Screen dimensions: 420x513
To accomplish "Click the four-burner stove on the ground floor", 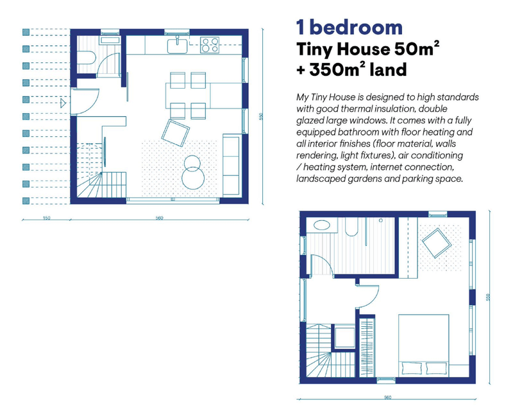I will pyautogui.click(x=210, y=45).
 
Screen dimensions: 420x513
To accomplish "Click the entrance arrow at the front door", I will pyautogui.click(x=63, y=102).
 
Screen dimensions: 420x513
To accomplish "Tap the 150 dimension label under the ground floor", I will pyautogui.click(x=46, y=218).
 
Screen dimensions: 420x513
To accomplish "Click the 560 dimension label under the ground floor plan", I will pyautogui.click(x=158, y=218).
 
